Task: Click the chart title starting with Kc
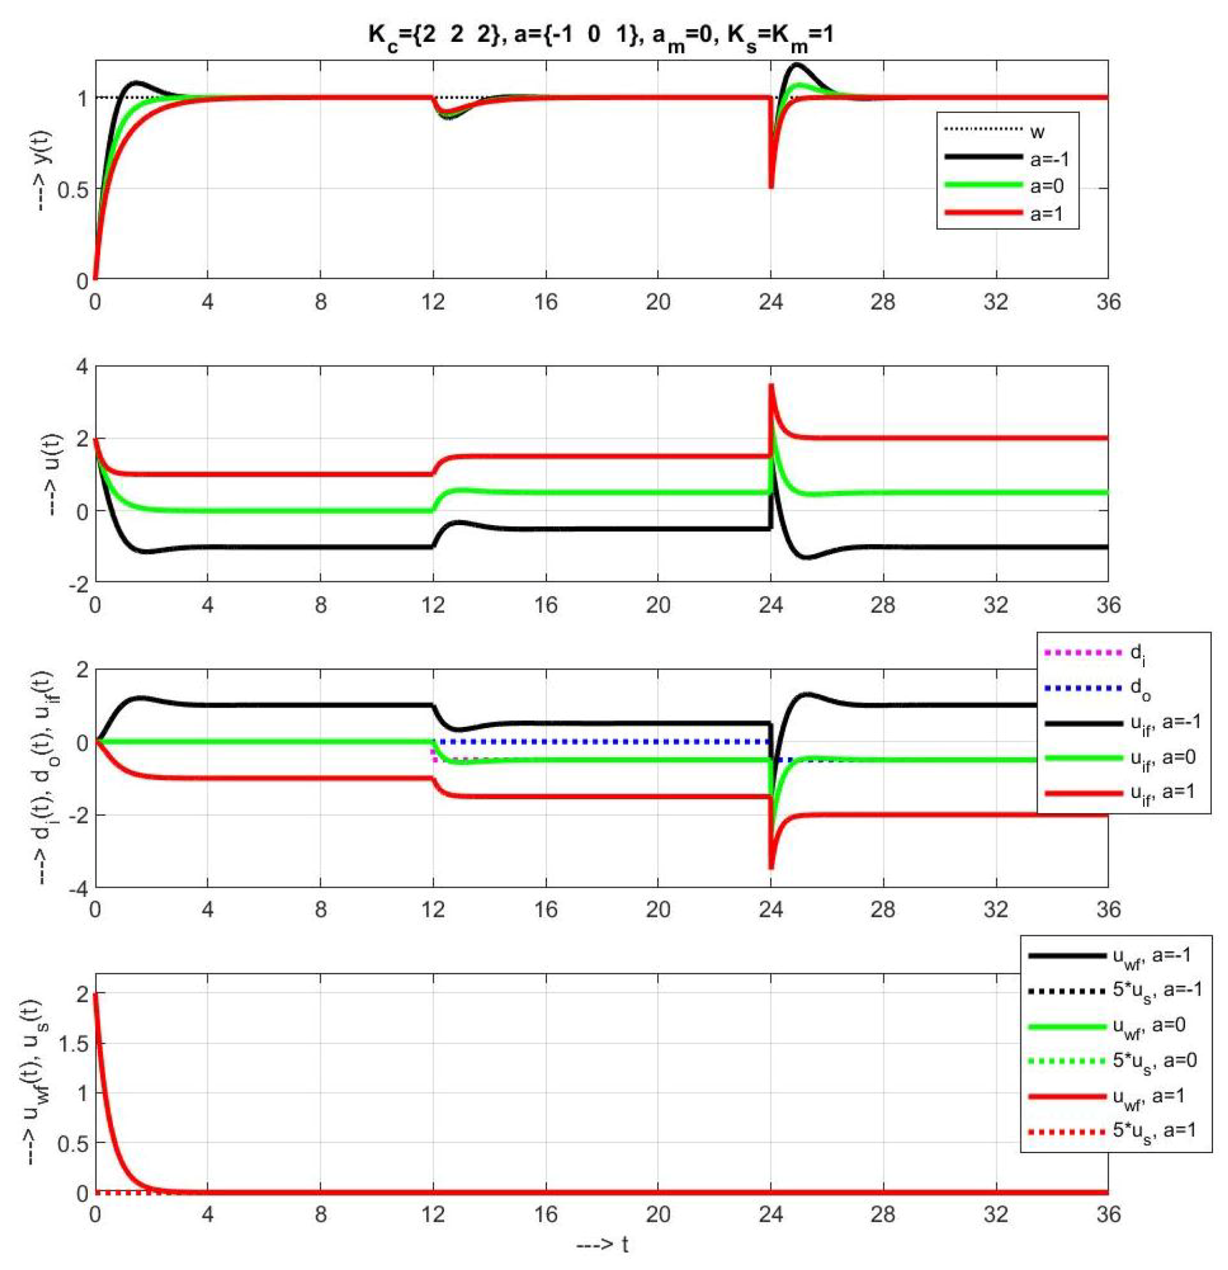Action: tap(600, 33)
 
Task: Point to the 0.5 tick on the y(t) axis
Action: tap(73, 189)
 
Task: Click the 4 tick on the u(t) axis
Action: tap(82, 366)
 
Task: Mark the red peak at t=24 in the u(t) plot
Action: tap(771, 386)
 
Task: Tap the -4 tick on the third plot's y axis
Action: tap(77, 887)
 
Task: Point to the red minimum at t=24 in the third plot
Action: tap(771, 868)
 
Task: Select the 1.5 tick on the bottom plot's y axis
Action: tap(73, 1044)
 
